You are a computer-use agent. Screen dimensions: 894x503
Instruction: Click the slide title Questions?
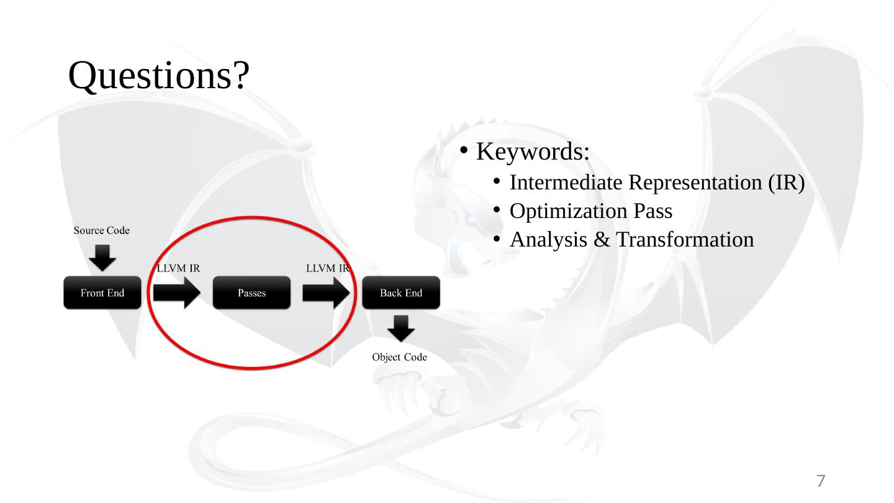tap(160, 77)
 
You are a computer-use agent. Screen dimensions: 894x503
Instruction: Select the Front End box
tap(102, 293)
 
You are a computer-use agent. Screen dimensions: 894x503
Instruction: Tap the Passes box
tap(251, 293)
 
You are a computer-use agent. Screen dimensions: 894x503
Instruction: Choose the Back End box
tap(401, 293)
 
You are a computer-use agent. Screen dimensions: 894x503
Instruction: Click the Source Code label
tap(102, 231)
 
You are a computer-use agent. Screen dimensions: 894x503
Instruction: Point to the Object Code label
tap(399, 357)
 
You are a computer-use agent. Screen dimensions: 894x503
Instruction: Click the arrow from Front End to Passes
tap(177, 293)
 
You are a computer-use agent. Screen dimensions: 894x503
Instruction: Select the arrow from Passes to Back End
tap(326, 293)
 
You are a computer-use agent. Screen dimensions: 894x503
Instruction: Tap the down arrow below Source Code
tap(102, 257)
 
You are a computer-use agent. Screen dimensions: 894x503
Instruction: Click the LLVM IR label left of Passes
tap(178, 268)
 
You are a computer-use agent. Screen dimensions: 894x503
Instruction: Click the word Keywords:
tap(533, 152)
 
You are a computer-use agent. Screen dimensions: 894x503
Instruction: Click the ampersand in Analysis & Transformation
tap(601, 240)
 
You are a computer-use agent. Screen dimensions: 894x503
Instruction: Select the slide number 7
tap(821, 481)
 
